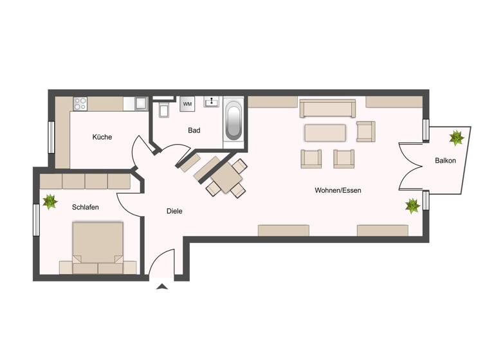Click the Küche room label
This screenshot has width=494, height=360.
click(102, 137)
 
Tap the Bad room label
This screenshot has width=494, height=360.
click(194, 130)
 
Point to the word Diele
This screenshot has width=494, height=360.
click(174, 211)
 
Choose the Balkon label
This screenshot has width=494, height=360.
click(445, 161)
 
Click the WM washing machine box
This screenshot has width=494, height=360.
click(187, 104)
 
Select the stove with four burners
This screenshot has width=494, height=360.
click(80, 102)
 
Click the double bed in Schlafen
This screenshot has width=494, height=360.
click(98, 247)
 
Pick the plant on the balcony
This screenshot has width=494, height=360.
click(457, 138)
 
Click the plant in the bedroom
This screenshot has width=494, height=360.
click(50, 201)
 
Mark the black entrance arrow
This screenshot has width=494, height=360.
click(161, 286)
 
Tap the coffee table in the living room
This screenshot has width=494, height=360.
click(325, 132)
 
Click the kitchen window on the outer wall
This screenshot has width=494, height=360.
click(51, 137)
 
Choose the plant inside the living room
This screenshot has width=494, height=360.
click(412, 205)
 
